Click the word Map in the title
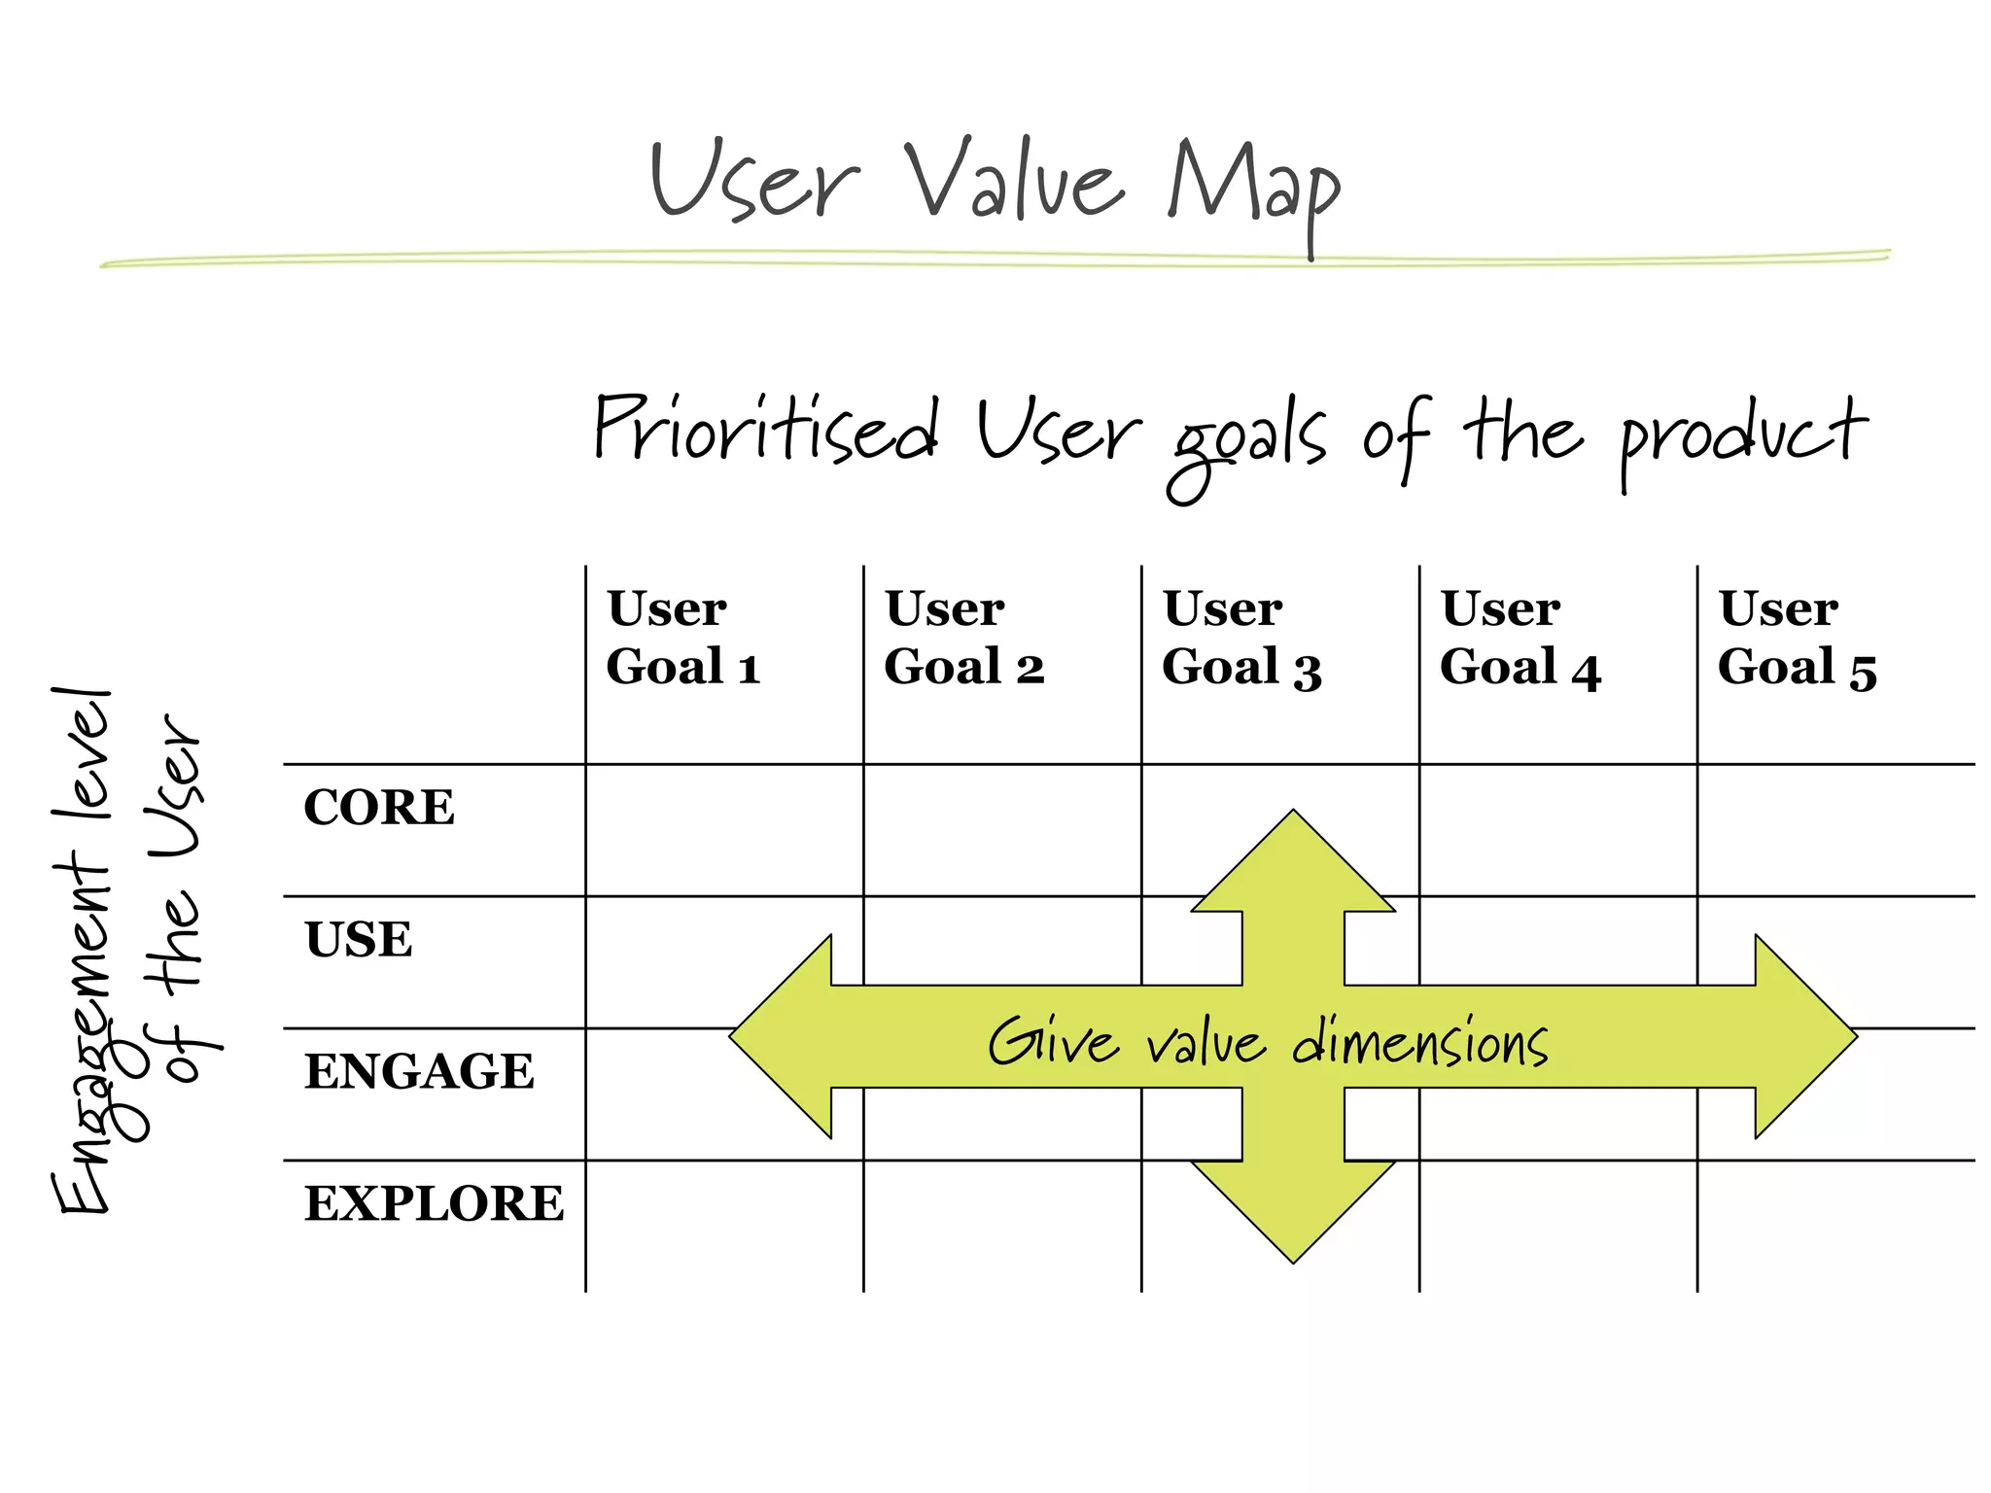click(x=1254, y=185)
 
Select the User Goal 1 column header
click(x=682, y=638)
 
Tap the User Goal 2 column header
click(x=962, y=638)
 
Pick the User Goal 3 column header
click(x=1240, y=638)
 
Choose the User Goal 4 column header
click(x=1519, y=638)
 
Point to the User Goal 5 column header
click(x=1797, y=638)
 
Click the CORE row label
click(x=379, y=807)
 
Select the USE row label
click(x=359, y=939)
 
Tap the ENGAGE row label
click(x=419, y=1071)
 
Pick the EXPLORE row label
click(x=434, y=1203)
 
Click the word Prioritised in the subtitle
click(x=766, y=430)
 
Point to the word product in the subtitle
click(x=1742, y=435)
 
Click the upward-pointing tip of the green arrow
click(x=1293, y=822)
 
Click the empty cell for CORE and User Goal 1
click(x=724, y=830)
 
